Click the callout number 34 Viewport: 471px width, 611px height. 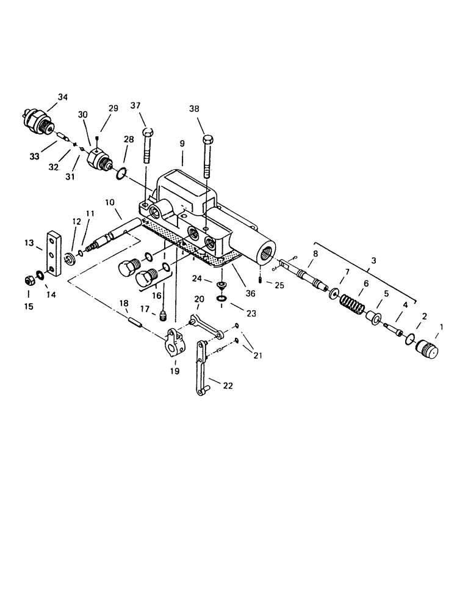point(63,97)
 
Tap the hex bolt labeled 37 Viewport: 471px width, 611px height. point(146,147)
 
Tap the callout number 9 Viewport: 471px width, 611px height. point(182,144)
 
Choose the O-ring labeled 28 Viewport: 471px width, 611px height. point(121,175)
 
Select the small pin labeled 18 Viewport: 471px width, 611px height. point(135,321)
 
